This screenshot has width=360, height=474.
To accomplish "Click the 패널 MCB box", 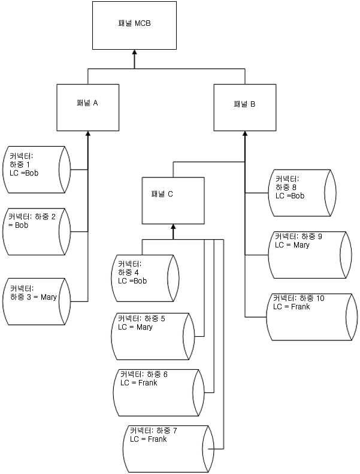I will click(134, 25).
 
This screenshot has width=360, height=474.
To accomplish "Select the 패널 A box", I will click(87, 108).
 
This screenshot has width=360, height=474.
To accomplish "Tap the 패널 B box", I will click(244, 108).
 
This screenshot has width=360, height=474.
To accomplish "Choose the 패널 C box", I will click(173, 199).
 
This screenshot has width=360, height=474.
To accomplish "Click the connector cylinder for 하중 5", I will click(153, 334).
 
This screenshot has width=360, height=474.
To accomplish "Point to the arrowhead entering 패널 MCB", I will click(134, 53).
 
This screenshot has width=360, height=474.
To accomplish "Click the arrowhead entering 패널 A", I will click(87, 135).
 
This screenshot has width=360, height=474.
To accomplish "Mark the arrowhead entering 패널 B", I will click(244, 135).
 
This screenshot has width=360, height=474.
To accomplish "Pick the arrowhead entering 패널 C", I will click(173, 227).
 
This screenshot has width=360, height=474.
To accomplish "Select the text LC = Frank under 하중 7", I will click(149, 439).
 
